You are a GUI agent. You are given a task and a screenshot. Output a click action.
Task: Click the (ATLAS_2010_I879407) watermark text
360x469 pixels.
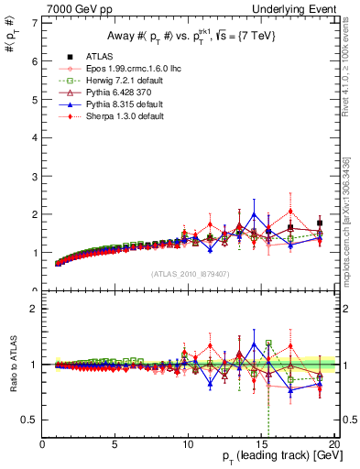click(188, 274)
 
